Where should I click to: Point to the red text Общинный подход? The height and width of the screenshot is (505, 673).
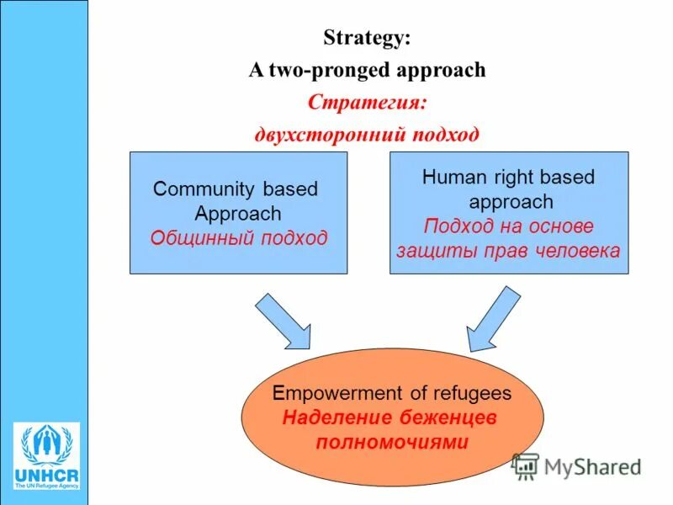tap(238, 237)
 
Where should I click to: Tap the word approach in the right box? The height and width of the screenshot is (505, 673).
tap(511, 202)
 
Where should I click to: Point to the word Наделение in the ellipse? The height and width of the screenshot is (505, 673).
tap(331, 417)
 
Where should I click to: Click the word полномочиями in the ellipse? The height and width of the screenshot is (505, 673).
tap(392, 441)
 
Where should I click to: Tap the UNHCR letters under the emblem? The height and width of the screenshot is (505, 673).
tap(47, 476)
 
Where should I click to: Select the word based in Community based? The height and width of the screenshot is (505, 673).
tap(290, 189)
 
